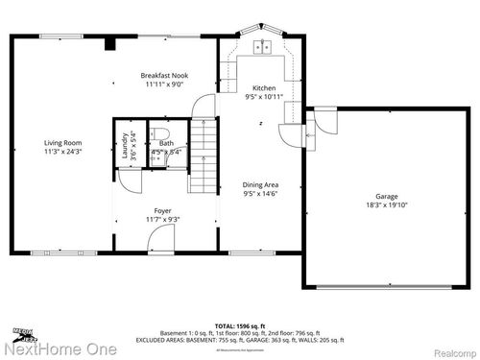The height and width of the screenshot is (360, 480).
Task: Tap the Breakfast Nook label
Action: pyautogui.click(x=164, y=76)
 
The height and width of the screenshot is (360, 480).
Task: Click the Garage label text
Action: pyautogui.click(x=387, y=195)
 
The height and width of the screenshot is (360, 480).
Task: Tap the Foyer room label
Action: pyautogui.click(x=163, y=210)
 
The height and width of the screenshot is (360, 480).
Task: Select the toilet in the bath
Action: pyautogui.click(x=163, y=133)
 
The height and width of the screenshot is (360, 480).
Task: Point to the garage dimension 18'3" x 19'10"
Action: pyautogui.click(x=387, y=204)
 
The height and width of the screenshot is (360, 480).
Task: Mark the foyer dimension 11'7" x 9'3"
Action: pyautogui.click(x=163, y=220)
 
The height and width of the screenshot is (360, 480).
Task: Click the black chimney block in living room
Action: pyautogui.click(x=109, y=42)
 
